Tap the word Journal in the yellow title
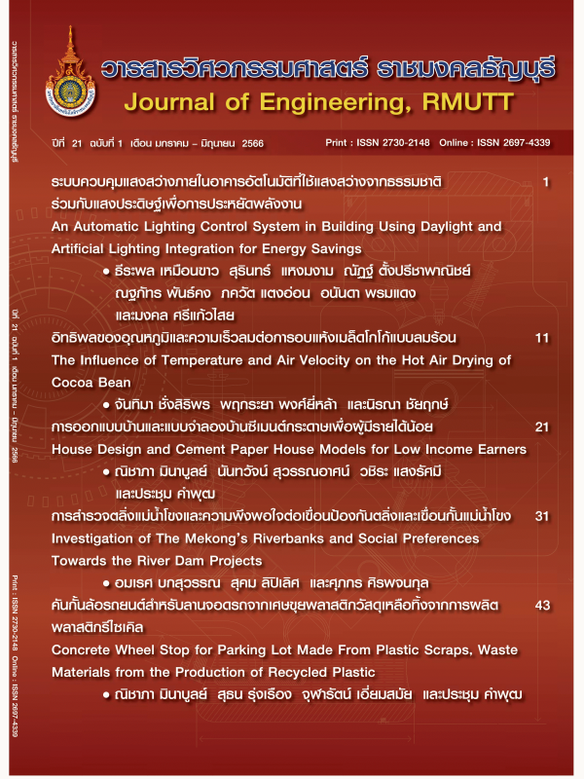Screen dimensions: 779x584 [x=170, y=103]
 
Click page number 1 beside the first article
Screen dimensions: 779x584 [x=545, y=182]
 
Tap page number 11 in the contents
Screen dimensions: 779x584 [x=542, y=337]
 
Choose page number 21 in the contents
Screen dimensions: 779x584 [x=542, y=427]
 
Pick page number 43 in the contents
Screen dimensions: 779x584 [x=542, y=606]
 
